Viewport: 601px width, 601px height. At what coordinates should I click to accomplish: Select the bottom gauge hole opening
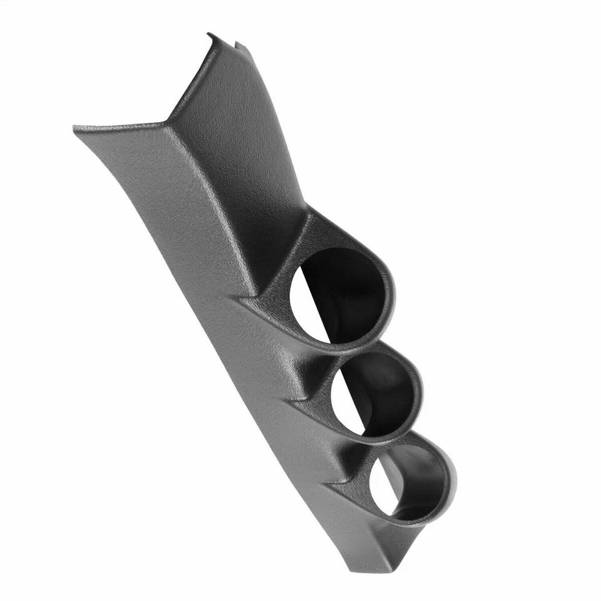coord(401,482)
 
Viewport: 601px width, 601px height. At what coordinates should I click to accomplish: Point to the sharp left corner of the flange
coord(75,128)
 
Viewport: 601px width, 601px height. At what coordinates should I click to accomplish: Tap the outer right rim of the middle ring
coord(421,391)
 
